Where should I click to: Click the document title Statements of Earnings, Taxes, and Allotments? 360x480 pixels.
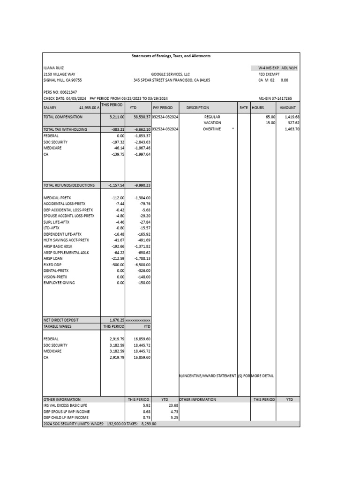pyautogui.click(x=171, y=56)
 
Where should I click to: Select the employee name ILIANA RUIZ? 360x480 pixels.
pyautogui.click(x=52, y=68)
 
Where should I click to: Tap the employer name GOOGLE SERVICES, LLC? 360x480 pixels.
pyautogui.click(x=170, y=74)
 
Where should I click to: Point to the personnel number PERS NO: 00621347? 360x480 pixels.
pyautogui.click(x=60, y=92)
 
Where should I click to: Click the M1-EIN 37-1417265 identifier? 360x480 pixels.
pyautogui.click(x=275, y=98)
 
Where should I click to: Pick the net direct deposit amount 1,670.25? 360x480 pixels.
pyautogui.click(x=117, y=320)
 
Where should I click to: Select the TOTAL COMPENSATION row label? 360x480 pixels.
pyautogui.click(x=63, y=117)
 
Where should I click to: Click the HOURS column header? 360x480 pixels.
pyautogui.click(x=258, y=107)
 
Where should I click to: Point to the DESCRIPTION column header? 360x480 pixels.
pyautogui.click(x=197, y=107)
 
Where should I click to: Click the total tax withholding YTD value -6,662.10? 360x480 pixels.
pyautogui.click(x=142, y=129)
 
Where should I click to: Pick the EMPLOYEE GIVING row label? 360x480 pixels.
pyautogui.click(x=59, y=283)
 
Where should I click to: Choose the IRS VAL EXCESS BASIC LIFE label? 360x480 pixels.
pyautogui.click(x=65, y=405)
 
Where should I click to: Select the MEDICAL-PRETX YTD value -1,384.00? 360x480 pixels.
pyautogui.click(x=141, y=197)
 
